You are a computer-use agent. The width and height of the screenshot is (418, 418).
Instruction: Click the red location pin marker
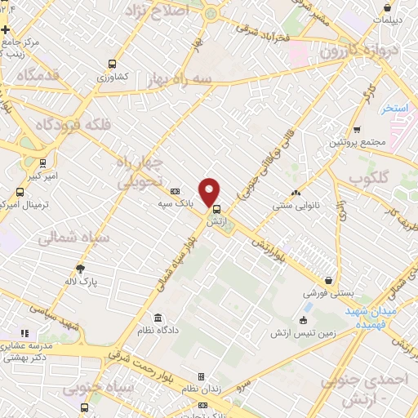pyautogui.click(x=210, y=191)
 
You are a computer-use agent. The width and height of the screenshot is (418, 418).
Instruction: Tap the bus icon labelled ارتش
pyautogui.click(x=216, y=208)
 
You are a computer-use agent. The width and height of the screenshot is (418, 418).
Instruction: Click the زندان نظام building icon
pyautogui.click(x=201, y=377)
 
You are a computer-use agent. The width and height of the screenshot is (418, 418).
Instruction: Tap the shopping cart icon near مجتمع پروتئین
pyautogui.click(x=357, y=129)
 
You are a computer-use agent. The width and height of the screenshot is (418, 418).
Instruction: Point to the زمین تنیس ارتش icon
pyautogui.click(x=305, y=319)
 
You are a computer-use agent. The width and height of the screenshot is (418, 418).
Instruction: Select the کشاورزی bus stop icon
pyautogui.click(x=111, y=64)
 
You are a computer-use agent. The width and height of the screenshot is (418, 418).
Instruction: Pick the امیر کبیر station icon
pyautogui.click(x=42, y=162)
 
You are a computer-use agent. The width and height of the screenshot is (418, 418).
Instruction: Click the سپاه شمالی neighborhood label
pyautogui.click(x=64, y=238)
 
